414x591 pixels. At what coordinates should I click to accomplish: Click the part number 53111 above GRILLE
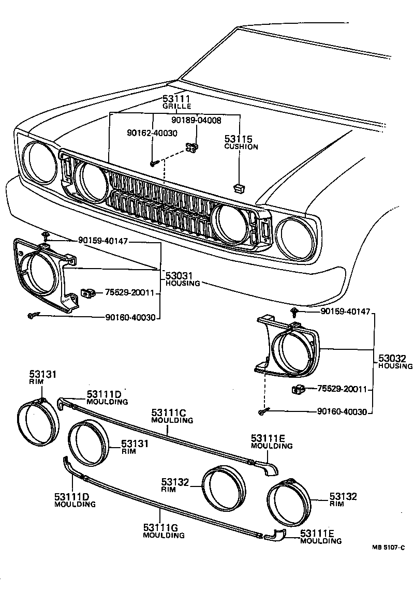coord(177,98)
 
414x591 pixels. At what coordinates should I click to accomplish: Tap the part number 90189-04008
coord(196,120)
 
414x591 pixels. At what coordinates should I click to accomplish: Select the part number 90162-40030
coord(152,133)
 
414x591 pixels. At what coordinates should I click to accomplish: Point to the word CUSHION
coord(241,147)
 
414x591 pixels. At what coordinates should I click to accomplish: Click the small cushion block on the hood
coord(239,187)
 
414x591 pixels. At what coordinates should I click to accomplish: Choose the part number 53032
coord(392,358)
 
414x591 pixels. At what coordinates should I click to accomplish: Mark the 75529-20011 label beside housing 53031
coord(130,293)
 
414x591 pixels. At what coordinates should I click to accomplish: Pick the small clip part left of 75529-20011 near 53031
coord(86,293)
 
